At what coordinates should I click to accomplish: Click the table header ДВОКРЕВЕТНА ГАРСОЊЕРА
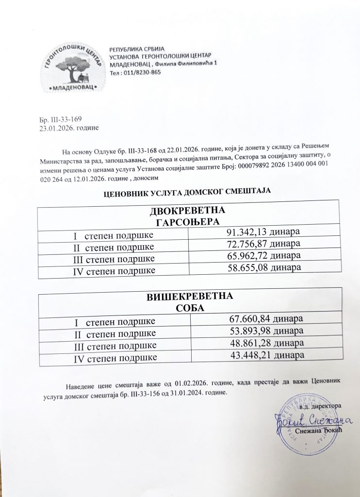(187, 217)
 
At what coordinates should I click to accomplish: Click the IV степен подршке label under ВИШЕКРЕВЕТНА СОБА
(114, 359)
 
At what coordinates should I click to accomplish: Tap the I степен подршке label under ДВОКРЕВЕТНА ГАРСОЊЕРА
(113, 235)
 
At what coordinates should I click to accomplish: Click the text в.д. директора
(321, 405)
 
